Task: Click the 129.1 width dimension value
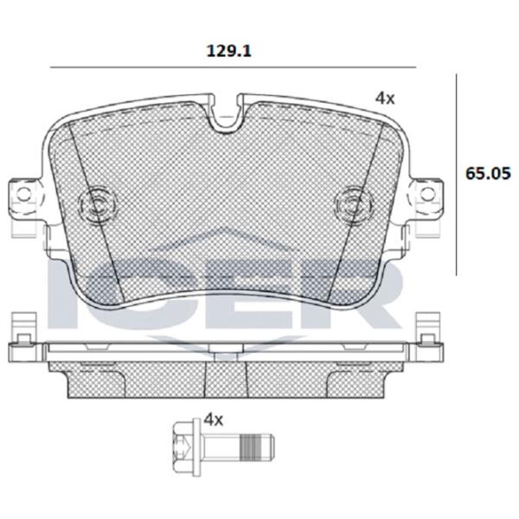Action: click(229, 51)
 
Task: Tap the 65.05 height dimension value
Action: click(488, 173)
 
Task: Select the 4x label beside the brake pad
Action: click(385, 99)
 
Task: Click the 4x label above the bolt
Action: click(214, 420)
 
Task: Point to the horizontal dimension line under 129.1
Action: click(233, 67)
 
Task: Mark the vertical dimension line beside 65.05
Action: click(457, 175)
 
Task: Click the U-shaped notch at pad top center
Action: click(224, 112)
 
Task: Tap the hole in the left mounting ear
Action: click(24, 194)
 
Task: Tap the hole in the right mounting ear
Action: click(427, 194)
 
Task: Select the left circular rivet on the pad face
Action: click(98, 204)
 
